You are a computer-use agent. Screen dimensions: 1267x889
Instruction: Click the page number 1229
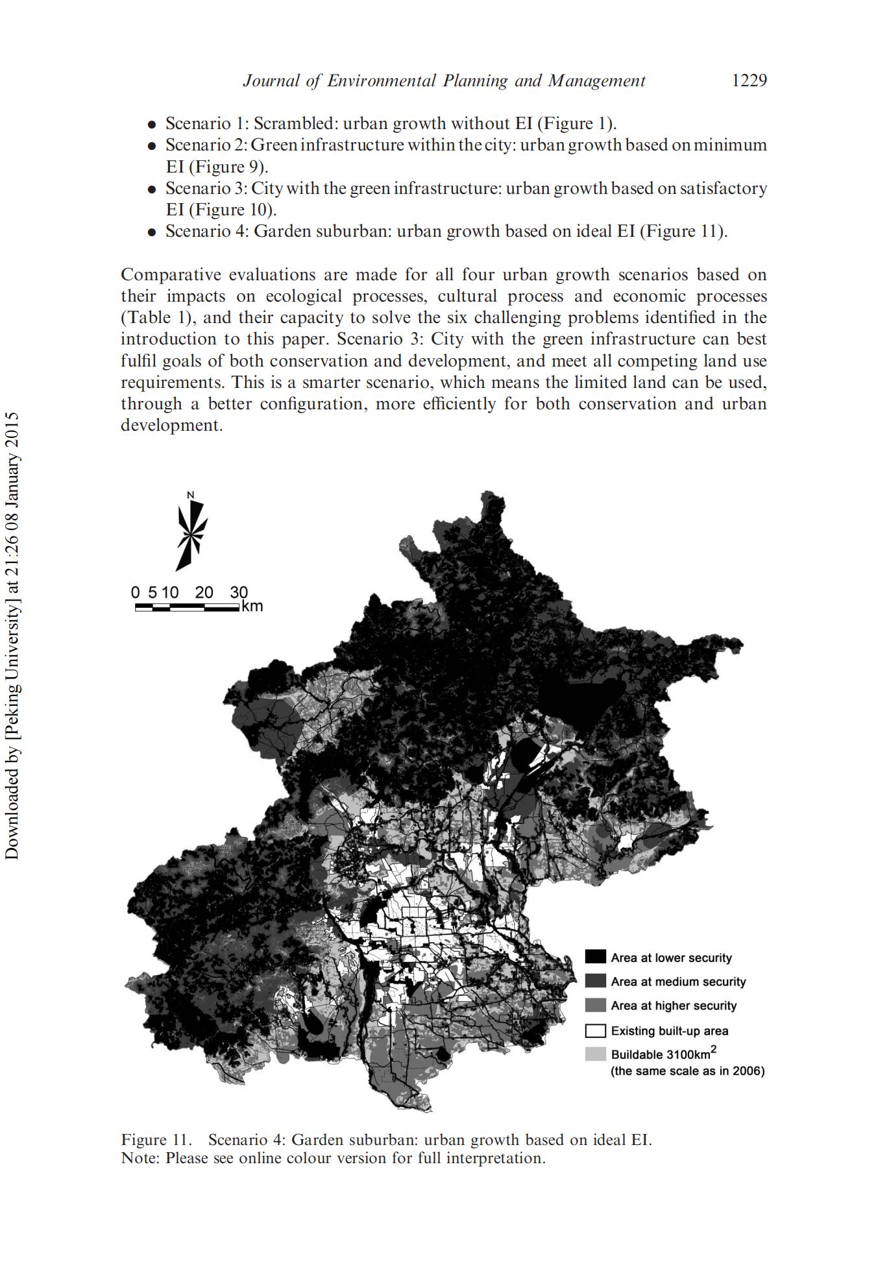[x=749, y=80]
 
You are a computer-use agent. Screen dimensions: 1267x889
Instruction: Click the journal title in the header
[x=444, y=80]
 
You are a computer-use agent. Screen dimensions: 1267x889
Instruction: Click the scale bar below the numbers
[x=187, y=607]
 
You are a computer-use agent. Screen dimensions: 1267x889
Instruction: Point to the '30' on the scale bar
[x=238, y=592]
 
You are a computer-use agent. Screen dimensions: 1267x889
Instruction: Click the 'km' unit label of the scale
[x=252, y=607]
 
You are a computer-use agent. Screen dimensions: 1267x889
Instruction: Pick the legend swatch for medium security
[x=595, y=982]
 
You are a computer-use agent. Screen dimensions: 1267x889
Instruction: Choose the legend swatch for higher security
[x=595, y=1006]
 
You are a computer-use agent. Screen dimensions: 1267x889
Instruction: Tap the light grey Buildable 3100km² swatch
[x=595, y=1054]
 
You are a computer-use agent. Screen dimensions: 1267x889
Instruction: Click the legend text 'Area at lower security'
[x=671, y=958]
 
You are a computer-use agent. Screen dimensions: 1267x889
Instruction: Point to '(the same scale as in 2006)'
[x=687, y=1071]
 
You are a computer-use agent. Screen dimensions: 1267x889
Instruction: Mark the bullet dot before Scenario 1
[x=151, y=124]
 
